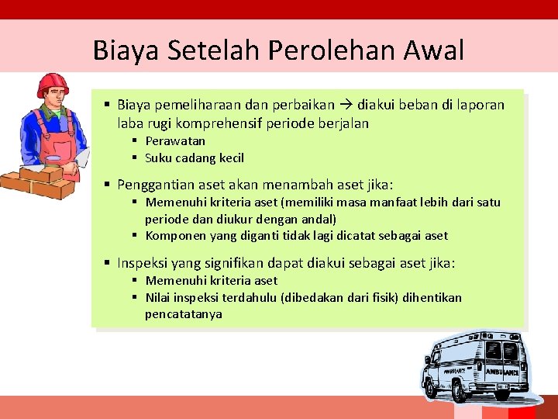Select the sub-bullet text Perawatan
click(x=175, y=141)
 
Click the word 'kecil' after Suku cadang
click(x=230, y=158)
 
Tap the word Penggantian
click(x=160, y=185)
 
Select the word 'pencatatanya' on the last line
click(x=183, y=314)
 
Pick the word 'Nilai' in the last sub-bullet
click(x=159, y=298)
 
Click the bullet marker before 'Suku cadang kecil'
click(x=134, y=158)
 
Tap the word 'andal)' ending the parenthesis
click(x=319, y=220)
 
